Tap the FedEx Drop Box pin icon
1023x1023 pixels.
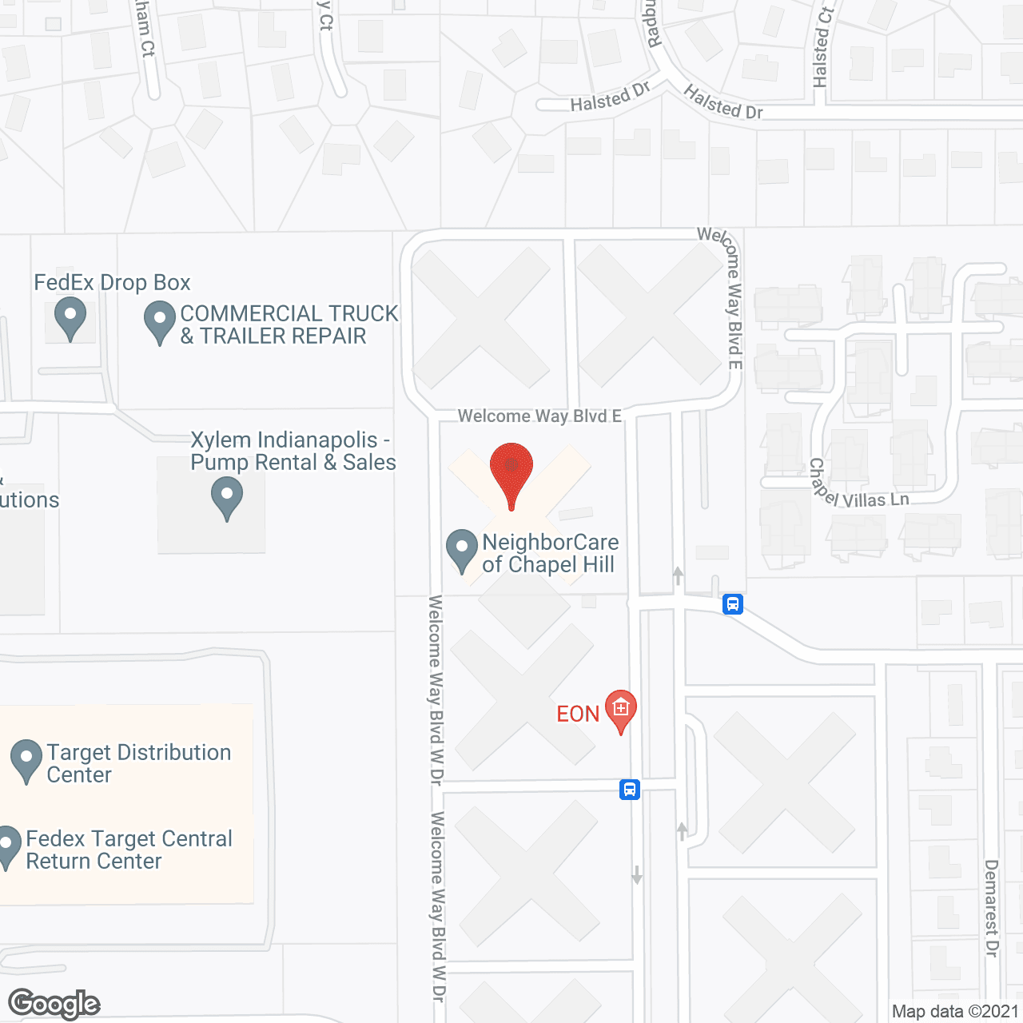click(70, 316)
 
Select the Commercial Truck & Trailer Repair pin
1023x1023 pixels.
click(160, 320)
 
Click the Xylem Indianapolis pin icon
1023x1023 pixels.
click(227, 496)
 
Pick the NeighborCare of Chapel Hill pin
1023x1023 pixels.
click(461, 549)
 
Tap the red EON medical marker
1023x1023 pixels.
click(621, 710)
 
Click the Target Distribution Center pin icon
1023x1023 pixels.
click(26, 759)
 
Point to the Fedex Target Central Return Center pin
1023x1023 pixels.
click(8, 846)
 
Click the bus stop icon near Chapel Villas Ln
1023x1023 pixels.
click(733, 604)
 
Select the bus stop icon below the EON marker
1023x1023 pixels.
click(630, 790)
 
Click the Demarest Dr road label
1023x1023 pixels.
click(992, 908)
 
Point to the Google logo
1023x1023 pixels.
click(54, 1005)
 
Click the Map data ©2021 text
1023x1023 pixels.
click(955, 1012)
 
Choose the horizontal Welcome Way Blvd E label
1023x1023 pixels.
click(539, 416)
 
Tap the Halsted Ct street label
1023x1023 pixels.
click(822, 46)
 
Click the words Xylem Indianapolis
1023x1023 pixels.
click(284, 440)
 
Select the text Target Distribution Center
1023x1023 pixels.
click(139, 763)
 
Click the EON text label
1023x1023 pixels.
click(578, 714)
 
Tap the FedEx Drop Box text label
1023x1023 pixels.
click(112, 283)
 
